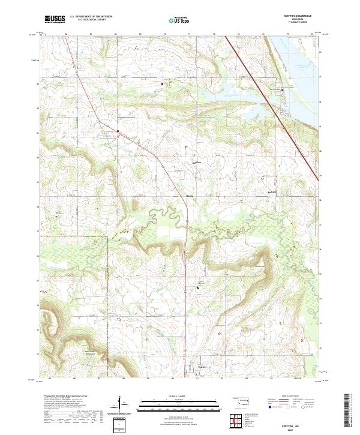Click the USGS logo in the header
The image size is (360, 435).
tap(55, 20)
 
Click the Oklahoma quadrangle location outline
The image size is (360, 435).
tap(240, 399)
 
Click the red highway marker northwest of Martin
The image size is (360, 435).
tap(118, 131)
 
